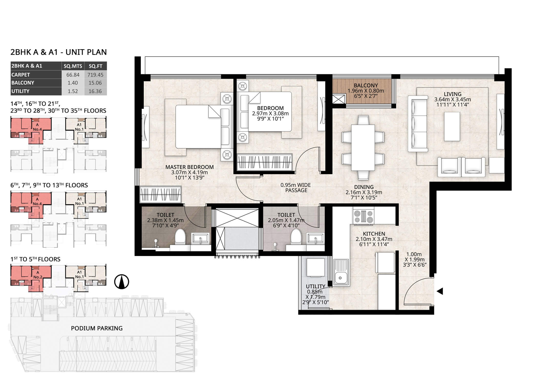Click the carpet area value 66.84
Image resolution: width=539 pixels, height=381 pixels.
point(73,75)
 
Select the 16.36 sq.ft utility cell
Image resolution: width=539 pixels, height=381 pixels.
point(95,91)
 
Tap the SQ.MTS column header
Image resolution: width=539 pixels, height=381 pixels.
point(73,66)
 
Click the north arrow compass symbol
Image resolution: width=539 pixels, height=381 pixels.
point(121,282)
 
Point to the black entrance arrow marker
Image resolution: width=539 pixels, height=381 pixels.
point(440,291)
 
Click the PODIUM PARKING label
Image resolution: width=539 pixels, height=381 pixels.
point(97,328)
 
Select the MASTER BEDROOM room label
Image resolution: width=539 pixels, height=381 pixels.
point(189,167)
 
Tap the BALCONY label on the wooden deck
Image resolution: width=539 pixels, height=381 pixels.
point(366,86)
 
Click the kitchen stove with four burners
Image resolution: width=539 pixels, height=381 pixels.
point(364,216)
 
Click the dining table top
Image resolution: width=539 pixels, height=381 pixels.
point(363,147)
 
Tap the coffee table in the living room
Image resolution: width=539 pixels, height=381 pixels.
point(452,126)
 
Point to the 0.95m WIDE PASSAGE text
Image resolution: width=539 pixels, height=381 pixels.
point(296,188)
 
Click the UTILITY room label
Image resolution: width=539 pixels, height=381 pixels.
point(315,286)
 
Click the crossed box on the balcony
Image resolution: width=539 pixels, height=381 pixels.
point(339,99)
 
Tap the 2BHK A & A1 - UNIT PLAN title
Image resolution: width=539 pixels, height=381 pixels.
point(59,52)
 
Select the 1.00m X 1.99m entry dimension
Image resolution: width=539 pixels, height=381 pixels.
point(415,260)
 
